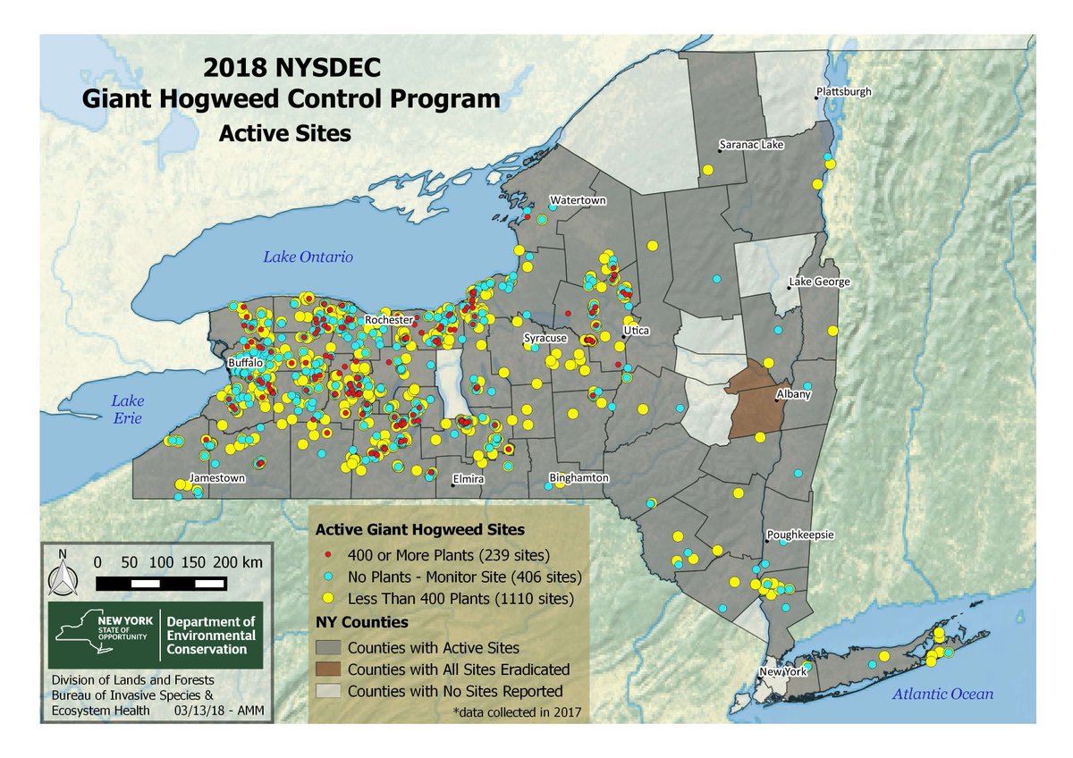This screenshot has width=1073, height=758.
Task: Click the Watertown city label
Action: click(578, 200)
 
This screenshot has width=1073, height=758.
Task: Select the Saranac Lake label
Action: click(751, 145)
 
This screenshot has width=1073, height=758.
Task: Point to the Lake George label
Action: click(818, 282)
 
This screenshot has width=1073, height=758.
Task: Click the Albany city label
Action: click(795, 393)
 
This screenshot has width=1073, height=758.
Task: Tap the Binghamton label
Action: click(579, 478)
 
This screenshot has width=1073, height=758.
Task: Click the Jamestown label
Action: click(216, 478)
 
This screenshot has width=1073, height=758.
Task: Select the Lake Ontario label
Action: click(308, 257)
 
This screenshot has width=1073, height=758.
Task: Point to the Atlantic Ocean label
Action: click(947, 694)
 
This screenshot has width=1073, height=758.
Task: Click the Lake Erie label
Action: click(128, 409)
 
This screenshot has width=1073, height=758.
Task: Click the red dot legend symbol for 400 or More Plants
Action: click(329, 554)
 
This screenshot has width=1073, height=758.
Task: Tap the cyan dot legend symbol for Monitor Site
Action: click(329, 576)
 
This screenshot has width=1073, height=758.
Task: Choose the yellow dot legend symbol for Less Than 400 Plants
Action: click(329, 597)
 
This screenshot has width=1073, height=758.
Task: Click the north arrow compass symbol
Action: click(63, 577)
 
